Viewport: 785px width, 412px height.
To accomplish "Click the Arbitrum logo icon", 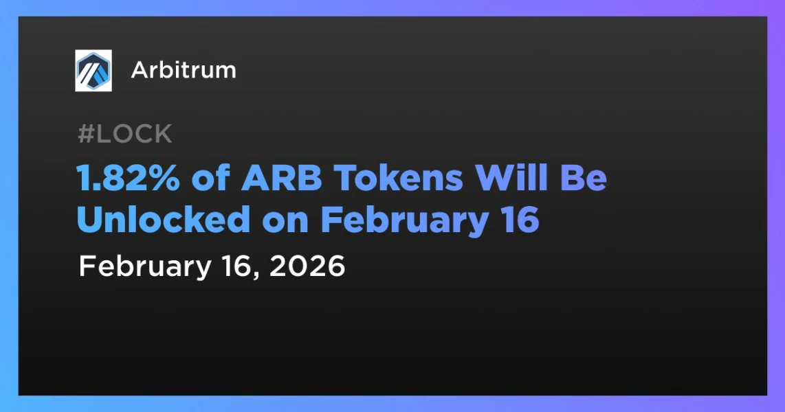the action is click(93, 71).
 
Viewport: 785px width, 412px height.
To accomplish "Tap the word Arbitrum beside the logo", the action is click(184, 71).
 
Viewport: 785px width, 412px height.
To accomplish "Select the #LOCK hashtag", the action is click(125, 133).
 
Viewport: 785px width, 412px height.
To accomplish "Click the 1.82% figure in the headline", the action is click(128, 178).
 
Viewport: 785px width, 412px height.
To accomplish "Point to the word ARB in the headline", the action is click(281, 178).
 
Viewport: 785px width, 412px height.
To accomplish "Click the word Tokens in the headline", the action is click(399, 178).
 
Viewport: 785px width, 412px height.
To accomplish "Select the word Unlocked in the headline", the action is click(163, 220).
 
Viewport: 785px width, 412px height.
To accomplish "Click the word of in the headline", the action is click(211, 177).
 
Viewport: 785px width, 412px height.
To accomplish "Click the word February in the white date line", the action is click(145, 268).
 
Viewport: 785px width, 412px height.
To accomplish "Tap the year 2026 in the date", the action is click(307, 266).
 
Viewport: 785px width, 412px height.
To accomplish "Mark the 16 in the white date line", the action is click(236, 266).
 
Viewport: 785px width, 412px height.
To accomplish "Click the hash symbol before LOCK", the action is click(86, 134).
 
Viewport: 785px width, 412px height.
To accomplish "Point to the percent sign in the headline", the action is click(162, 178).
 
